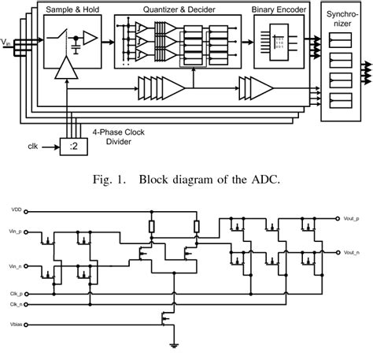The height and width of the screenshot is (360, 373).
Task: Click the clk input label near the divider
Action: [x=33, y=147]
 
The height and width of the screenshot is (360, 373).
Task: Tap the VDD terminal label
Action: [x=17, y=210]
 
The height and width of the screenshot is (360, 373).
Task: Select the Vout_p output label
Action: [x=352, y=218]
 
